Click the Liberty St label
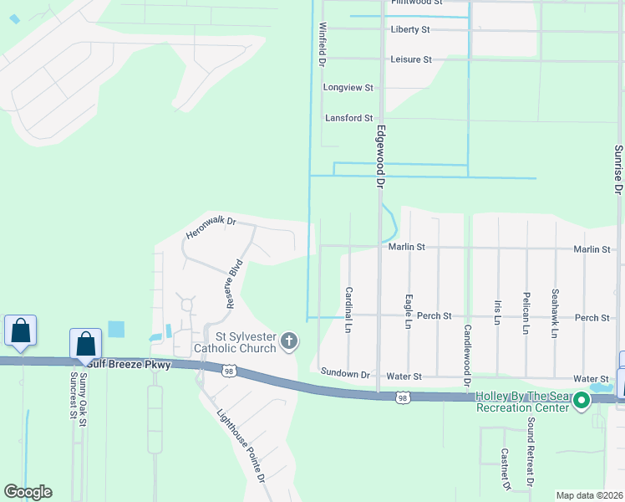pos(409,30)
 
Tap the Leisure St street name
pos(410,59)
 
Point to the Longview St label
pos(348,87)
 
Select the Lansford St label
pos(348,119)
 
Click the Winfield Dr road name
pos(321,45)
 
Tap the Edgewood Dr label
pos(380,156)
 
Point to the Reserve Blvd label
pos(235,284)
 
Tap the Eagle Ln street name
pos(409,310)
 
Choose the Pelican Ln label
pos(526,313)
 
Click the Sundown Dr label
pos(344,375)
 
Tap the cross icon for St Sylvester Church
pos(289,341)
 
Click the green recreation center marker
pos(582,402)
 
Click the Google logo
pos(28,492)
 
